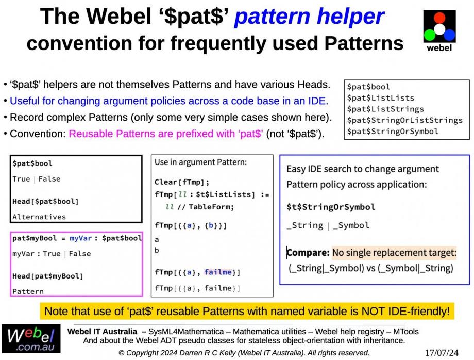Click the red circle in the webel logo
(439, 18)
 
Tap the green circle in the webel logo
(430, 35)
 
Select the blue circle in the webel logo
(449, 35)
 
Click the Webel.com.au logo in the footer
(31, 339)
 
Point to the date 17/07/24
(442, 353)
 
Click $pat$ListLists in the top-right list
(381, 98)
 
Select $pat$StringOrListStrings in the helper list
(405, 120)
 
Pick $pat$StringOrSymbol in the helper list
(393, 132)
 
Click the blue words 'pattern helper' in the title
(309, 17)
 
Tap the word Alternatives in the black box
(39, 217)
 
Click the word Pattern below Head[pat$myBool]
(28, 291)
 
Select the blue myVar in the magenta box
(80, 238)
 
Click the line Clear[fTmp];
(182, 182)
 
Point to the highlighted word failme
(217, 272)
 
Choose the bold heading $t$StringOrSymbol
(331, 207)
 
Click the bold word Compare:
(308, 253)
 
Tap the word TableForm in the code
(211, 207)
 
